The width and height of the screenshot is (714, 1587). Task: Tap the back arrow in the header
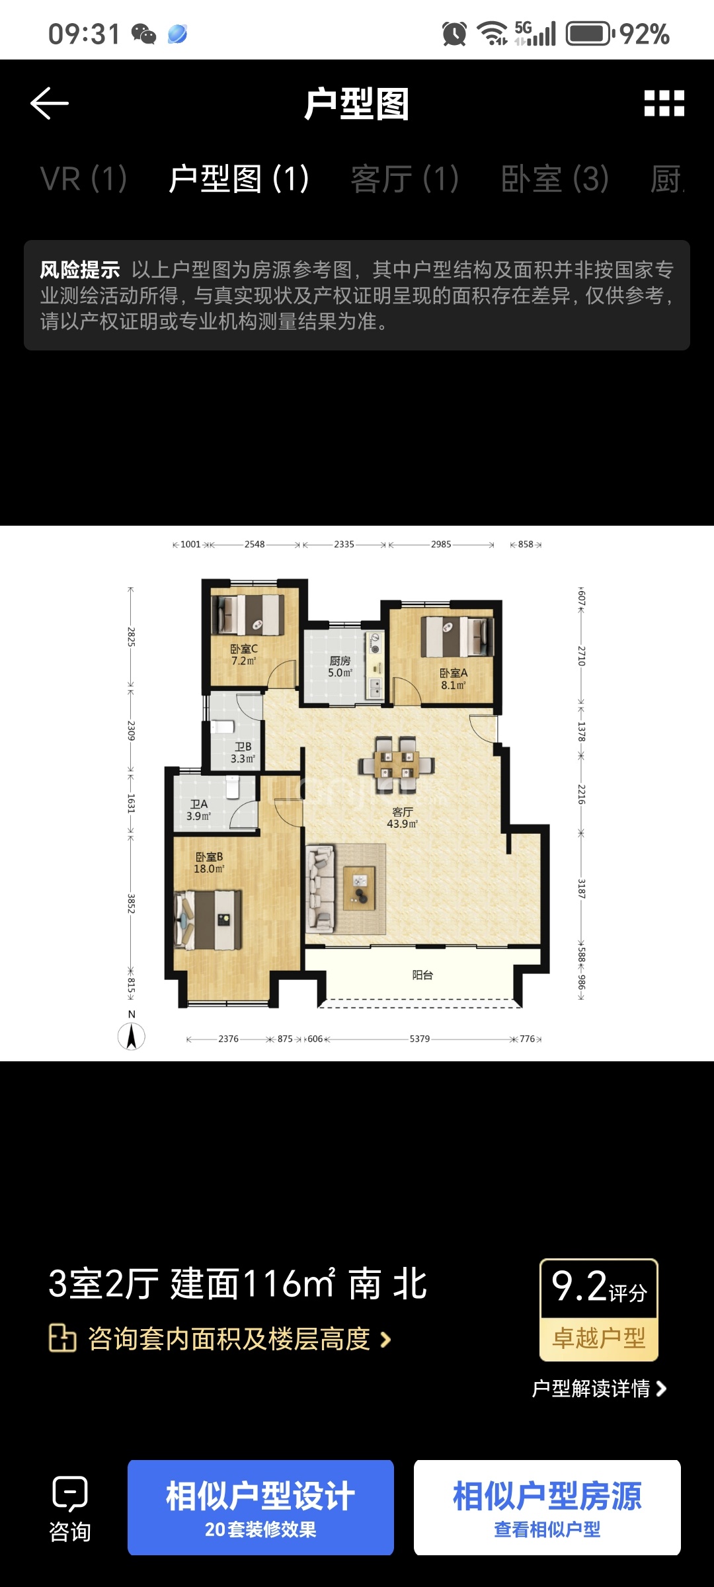coord(50,104)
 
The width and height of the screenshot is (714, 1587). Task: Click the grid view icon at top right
coord(664,104)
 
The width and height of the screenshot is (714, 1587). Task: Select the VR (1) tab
coord(83,179)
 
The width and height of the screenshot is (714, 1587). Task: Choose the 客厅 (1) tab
coord(405,179)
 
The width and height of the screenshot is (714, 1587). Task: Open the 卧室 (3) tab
coord(555,179)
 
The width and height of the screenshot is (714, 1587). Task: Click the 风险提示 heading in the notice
coord(80,270)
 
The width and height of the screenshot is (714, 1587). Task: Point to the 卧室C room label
coord(244,649)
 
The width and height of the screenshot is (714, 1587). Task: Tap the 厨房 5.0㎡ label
coord(340,667)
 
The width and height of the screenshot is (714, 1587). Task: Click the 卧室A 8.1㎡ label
coord(454,679)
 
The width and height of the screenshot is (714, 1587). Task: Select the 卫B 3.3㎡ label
coord(243,753)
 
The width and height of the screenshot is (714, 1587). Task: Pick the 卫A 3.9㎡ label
coord(198,810)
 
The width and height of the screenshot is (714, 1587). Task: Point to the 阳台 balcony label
coord(422,975)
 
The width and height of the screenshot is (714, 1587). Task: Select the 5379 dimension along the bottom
coord(420,1039)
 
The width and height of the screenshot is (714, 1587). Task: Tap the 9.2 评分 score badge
coord(599,1310)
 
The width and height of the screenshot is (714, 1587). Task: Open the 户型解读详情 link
coord(599,1389)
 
